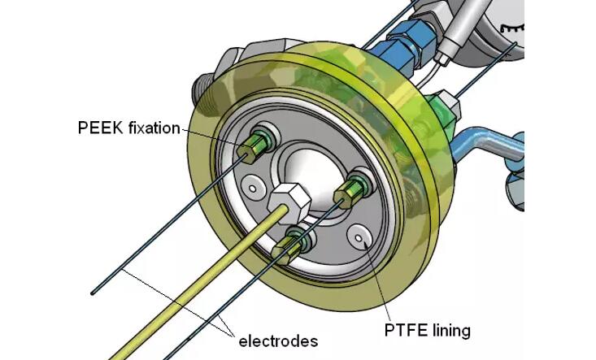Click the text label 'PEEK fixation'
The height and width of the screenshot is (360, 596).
pyautogui.click(x=128, y=127)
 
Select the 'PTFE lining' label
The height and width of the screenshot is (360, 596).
pyautogui.click(x=428, y=331)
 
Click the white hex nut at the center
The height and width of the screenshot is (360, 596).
pyautogui.click(x=287, y=197)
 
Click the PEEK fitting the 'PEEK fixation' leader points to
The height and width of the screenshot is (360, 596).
pyautogui.click(x=259, y=142)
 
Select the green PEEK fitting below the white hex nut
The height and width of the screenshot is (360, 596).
pyautogui.click(x=296, y=241)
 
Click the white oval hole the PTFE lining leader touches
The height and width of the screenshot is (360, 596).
pyautogui.click(x=359, y=236)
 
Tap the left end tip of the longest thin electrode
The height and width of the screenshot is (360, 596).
pyautogui.click(x=94, y=293)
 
